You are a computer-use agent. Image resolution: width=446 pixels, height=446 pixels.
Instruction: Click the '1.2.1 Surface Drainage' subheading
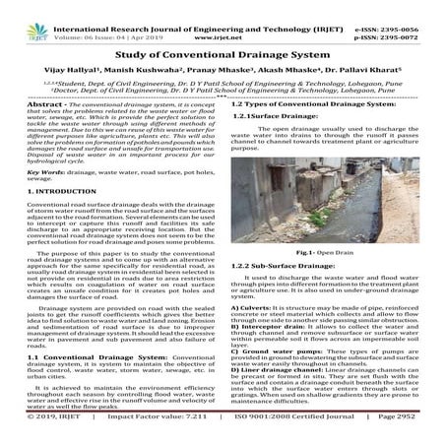click(x=273, y=116)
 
